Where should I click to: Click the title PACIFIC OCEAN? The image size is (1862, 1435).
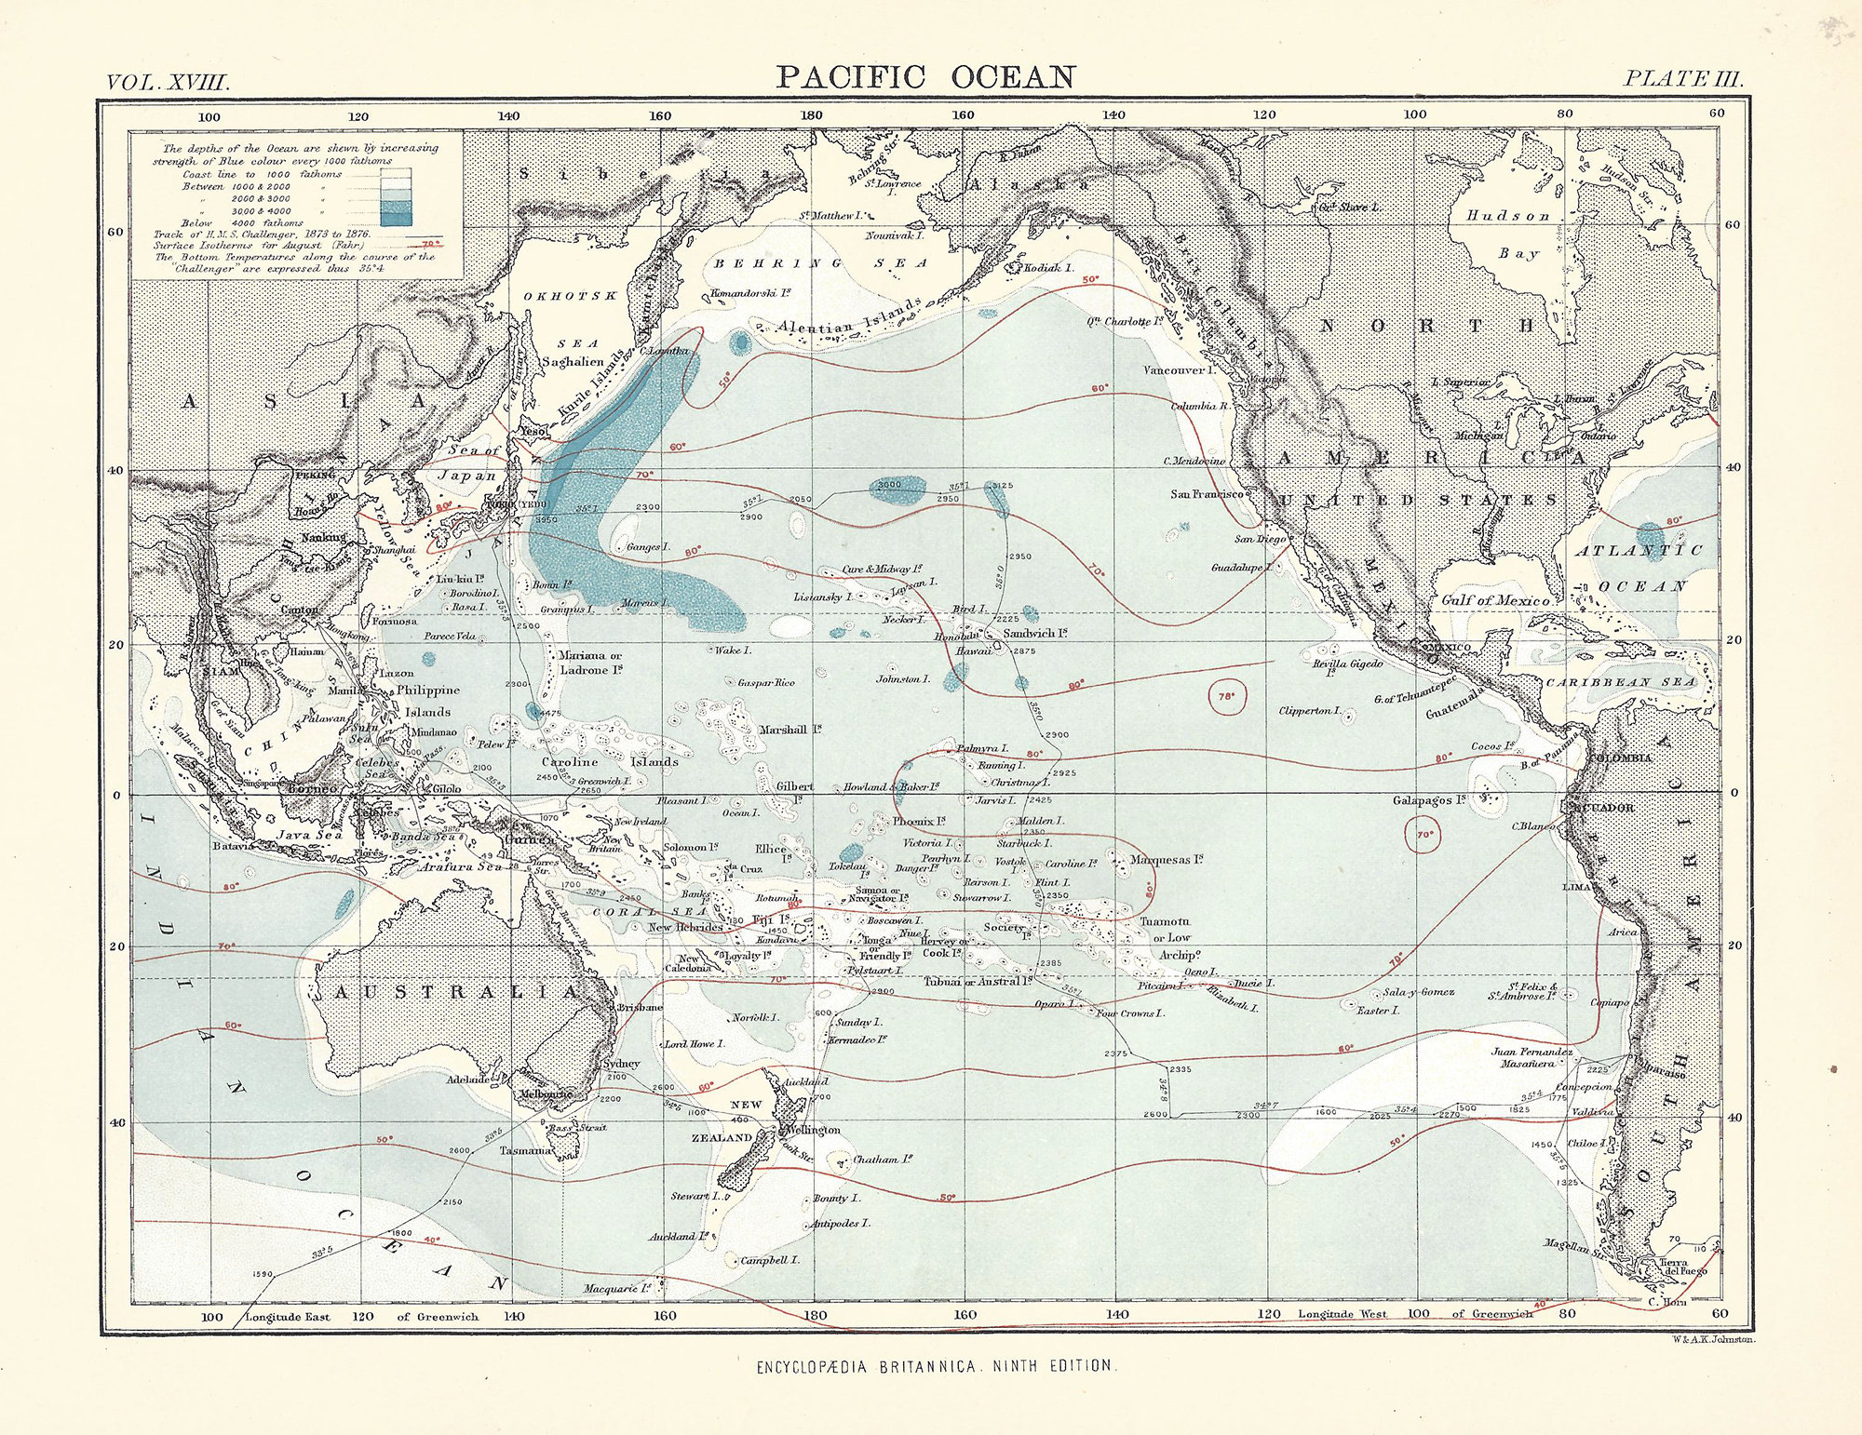tap(925, 77)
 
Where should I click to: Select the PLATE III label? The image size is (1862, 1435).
tap(1682, 79)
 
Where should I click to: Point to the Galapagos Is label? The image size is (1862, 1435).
tap(1429, 800)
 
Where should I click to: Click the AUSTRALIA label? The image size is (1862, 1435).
tap(456, 993)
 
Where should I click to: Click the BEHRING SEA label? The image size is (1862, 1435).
tap(820, 263)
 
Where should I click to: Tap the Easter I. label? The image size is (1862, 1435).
tap(1378, 1010)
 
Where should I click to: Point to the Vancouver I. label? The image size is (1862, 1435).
tap(1180, 369)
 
